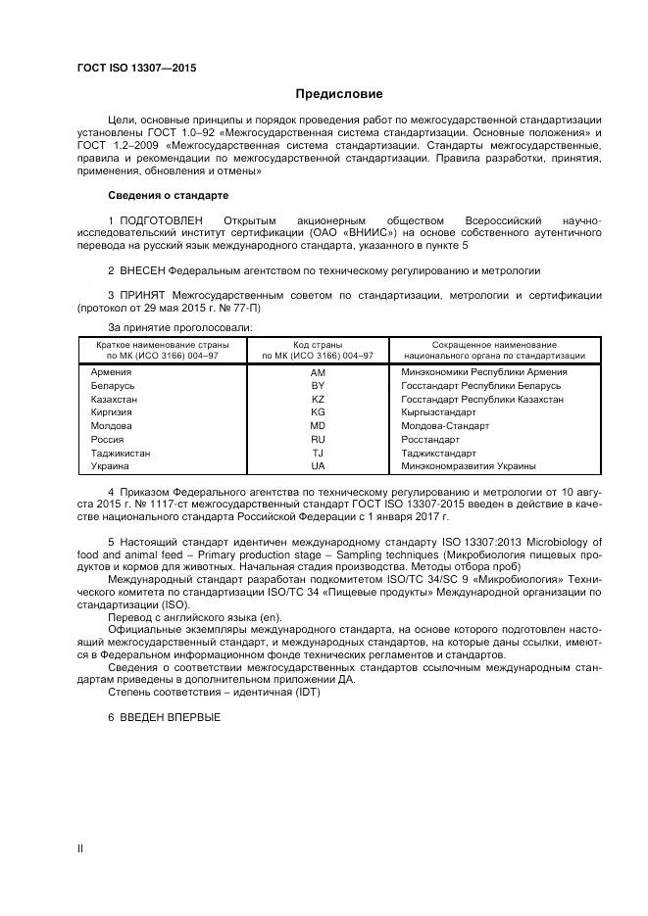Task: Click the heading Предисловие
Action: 339,94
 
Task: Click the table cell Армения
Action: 112,372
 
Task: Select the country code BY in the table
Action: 317,386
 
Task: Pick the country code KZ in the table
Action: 317,400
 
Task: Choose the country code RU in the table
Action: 317,440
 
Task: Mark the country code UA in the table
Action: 317,466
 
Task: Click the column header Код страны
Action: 317,346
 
